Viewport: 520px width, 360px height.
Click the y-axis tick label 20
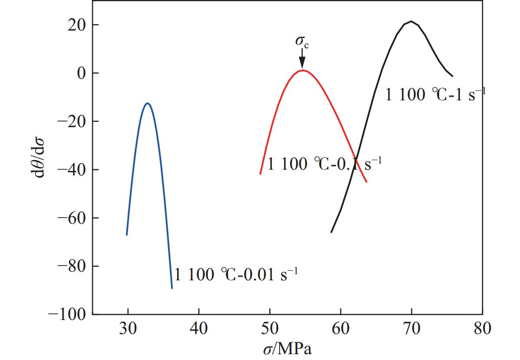[77, 25]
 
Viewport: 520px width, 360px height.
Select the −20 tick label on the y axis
[71, 122]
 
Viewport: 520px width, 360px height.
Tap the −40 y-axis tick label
[71, 170]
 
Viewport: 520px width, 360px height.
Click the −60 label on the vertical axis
[71, 218]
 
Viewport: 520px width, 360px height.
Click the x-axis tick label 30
[128, 329]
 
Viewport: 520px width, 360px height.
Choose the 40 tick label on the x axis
[199, 329]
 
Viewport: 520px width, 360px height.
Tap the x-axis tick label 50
[270, 329]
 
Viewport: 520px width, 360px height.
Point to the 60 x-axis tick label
[341, 329]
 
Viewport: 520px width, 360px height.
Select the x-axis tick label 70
[411, 329]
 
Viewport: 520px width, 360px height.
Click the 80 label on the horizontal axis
[482, 329]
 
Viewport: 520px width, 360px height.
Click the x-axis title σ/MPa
[287, 349]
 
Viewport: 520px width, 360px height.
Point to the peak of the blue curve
[147, 103]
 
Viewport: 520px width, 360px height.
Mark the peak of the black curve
[411, 21]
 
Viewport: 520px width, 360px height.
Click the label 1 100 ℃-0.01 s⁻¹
[236, 274]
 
